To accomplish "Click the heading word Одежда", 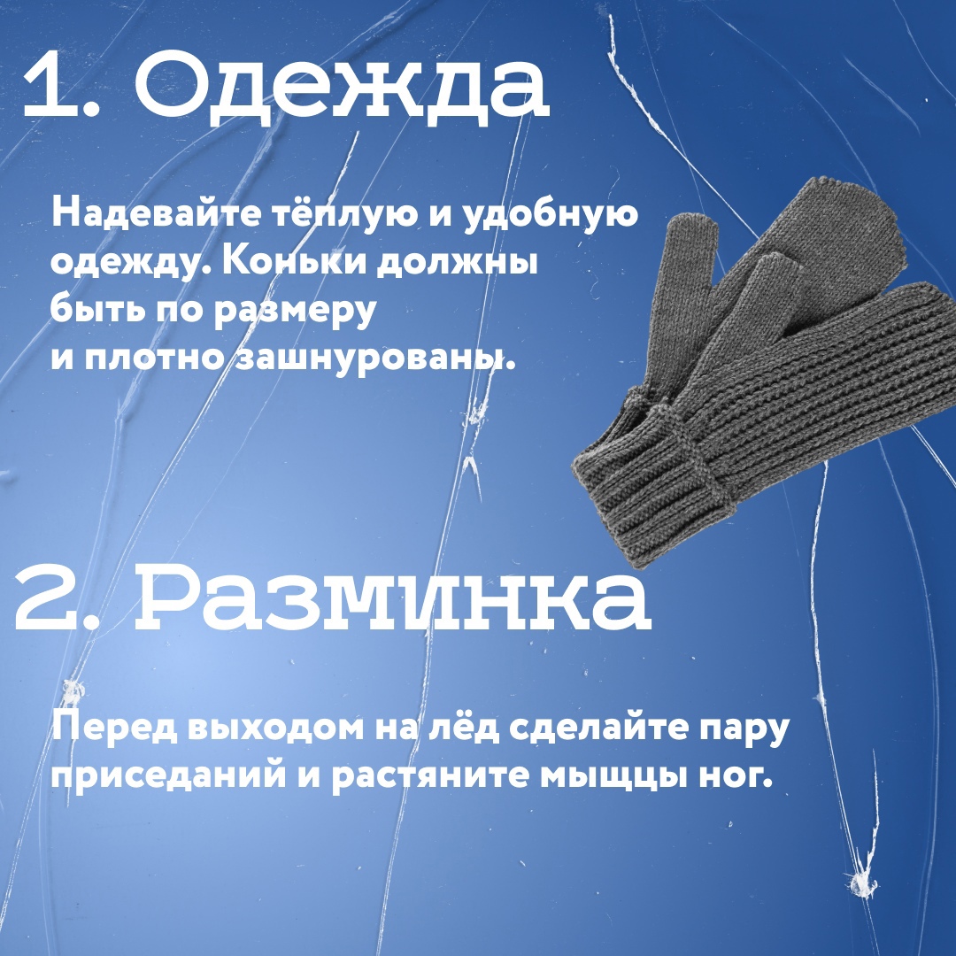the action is coord(342,87).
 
